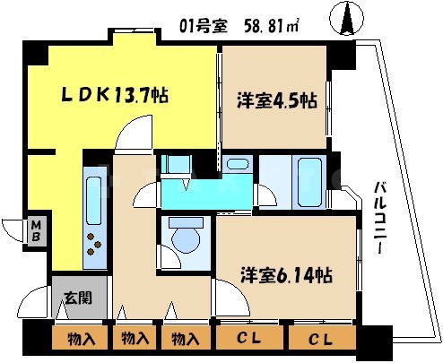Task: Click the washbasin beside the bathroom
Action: (x=237, y=165)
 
